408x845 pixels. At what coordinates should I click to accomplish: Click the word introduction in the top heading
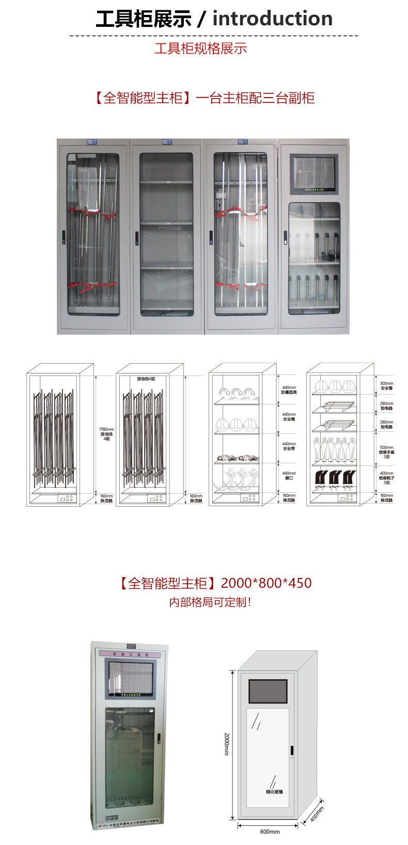coord(272,19)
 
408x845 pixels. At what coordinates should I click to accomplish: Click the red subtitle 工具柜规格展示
coord(201,49)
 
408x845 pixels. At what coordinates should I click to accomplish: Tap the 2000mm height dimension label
coord(227,744)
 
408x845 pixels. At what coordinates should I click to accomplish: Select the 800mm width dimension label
coord(270,832)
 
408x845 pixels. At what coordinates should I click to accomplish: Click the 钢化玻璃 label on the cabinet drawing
coord(274,792)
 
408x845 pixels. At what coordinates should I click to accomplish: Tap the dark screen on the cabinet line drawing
coord(268,691)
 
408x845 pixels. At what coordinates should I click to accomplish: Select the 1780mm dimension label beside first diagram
coord(106,434)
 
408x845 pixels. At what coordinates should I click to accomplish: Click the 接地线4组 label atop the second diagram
coord(146,379)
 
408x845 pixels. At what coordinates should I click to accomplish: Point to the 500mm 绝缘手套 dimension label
coord(386,452)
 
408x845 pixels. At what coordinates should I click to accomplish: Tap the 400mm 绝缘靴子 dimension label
coord(386,478)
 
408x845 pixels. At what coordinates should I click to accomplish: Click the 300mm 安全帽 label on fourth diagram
coord(386,386)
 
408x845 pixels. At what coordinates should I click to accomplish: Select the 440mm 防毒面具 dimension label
coord(289,390)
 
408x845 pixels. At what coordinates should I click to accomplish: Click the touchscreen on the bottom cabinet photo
coord(131,677)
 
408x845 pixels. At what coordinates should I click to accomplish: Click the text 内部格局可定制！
coord(210,602)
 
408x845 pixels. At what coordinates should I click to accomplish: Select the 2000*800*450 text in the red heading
coord(266,583)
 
